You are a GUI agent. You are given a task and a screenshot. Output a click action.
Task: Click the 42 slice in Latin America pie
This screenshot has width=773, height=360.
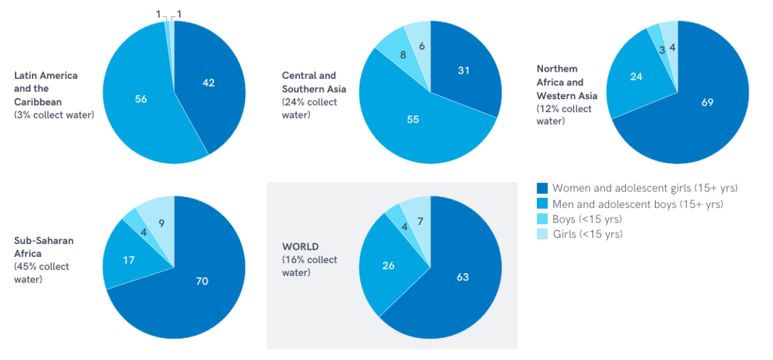(x=209, y=83)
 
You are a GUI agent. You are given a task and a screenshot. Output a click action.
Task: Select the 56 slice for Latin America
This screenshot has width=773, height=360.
(x=140, y=99)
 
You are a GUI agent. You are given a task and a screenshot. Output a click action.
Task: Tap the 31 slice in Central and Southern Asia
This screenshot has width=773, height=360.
(x=463, y=70)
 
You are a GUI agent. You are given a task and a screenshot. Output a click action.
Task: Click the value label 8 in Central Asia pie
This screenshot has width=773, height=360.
(x=403, y=55)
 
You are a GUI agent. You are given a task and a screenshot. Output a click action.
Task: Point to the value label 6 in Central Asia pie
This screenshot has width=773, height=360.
(x=422, y=46)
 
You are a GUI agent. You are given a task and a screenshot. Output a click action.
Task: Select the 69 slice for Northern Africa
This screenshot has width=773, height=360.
(x=707, y=102)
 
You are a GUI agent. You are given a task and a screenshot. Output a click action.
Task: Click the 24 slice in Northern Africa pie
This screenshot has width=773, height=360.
(x=636, y=76)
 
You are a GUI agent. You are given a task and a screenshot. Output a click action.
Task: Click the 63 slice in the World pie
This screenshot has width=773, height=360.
(x=462, y=277)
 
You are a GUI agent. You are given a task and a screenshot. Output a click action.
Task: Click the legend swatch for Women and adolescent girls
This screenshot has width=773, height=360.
(x=542, y=188)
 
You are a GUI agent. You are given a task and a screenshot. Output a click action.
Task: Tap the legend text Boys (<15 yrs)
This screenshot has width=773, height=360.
(x=587, y=218)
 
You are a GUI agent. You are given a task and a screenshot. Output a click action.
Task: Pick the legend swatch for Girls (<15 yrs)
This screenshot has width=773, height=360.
(x=542, y=233)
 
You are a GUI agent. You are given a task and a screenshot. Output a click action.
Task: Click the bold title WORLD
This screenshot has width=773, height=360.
(x=300, y=247)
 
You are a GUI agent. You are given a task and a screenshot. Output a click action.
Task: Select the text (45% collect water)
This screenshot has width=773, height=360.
(x=42, y=273)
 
